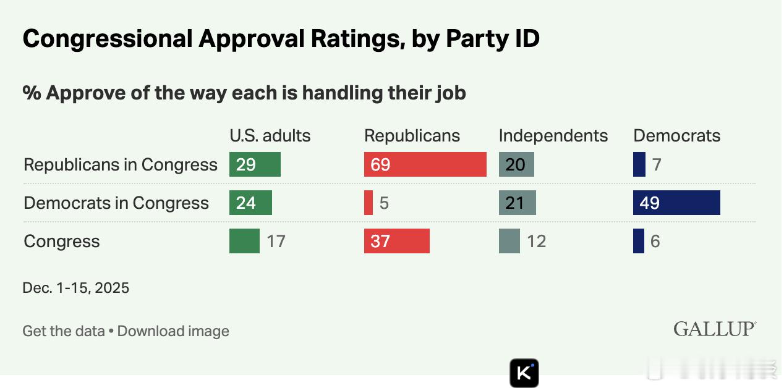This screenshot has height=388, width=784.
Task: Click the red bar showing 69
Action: (x=425, y=165)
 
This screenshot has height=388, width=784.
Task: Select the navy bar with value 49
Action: (x=676, y=203)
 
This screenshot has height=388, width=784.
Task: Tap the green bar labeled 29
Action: (x=255, y=165)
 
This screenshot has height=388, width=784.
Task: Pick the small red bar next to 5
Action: (x=369, y=203)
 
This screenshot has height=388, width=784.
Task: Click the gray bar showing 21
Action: (x=517, y=203)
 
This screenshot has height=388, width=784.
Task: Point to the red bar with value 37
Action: (x=396, y=241)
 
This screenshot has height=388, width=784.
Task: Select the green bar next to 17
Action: (x=244, y=241)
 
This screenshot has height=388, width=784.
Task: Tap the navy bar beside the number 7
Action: (x=639, y=165)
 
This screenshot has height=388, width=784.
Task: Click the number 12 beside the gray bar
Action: (x=537, y=241)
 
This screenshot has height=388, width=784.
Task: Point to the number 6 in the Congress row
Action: (x=655, y=241)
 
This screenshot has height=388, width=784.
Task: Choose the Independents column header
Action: (x=553, y=136)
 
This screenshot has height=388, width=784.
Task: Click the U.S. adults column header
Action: (x=270, y=136)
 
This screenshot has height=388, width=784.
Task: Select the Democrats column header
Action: (x=677, y=136)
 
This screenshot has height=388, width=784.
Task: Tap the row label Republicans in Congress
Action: (x=121, y=165)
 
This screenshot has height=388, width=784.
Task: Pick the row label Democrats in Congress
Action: (x=116, y=203)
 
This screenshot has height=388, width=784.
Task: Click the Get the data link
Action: (x=64, y=331)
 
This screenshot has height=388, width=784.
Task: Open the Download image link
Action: (x=173, y=331)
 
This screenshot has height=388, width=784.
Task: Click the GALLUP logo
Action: (x=715, y=329)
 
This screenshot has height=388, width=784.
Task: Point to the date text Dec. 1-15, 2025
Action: (x=76, y=288)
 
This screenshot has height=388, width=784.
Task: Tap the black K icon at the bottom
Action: (x=524, y=373)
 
